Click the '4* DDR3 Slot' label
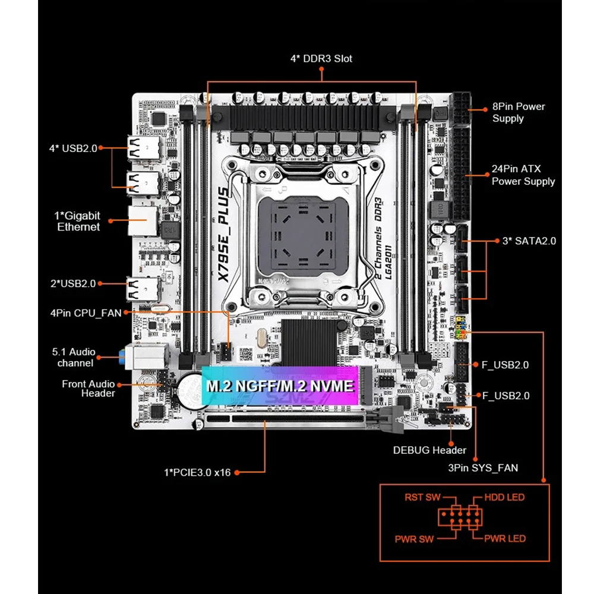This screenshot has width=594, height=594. (321, 58)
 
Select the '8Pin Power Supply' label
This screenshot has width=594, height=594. (518, 112)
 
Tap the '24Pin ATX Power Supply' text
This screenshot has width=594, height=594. (523, 175)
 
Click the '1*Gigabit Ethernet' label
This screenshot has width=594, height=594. (78, 221)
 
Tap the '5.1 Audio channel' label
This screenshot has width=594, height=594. (74, 357)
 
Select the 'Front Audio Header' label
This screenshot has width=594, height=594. (88, 388)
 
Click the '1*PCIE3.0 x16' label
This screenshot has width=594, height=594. (197, 472)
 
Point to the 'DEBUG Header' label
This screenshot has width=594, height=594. (429, 450)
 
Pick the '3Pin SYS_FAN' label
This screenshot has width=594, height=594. (483, 467)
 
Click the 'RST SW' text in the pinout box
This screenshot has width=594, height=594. (422, 497)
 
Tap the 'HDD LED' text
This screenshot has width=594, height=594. (504, 497)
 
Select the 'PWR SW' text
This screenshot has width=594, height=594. (414, 539)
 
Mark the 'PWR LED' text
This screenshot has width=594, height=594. (505, 538)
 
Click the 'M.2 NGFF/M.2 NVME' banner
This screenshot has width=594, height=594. (280, 386)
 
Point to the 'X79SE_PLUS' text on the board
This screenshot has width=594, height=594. (223, 235)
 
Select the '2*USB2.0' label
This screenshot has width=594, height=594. (72, 283)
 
